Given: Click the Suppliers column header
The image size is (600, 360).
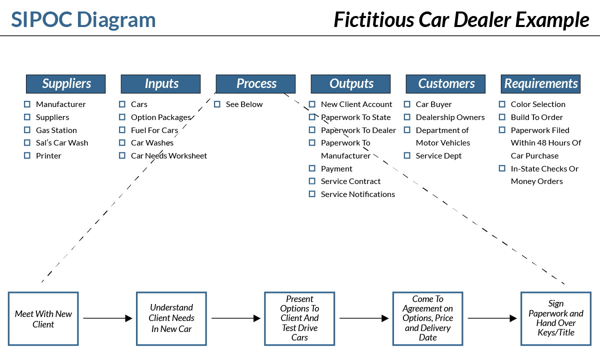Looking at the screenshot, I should (x=65, y=84).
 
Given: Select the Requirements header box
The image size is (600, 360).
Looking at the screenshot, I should (x=540, y=84).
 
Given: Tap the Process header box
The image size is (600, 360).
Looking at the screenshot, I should (x=255, y=84).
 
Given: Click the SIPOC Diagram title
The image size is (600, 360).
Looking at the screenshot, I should (x=83, y=20).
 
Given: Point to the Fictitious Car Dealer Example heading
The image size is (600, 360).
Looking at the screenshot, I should (x=461, y=20).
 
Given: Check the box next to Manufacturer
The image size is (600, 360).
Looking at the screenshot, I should (x=27, y=104).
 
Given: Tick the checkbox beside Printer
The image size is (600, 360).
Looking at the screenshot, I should (x=27, y=155).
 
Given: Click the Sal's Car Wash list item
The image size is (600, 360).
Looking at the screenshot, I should (x=61, y=142).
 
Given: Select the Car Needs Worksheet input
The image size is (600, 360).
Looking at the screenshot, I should (x=168, y=155).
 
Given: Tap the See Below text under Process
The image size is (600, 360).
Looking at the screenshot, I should (x=244, y=104).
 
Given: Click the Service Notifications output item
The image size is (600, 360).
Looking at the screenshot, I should (x=357, y=194).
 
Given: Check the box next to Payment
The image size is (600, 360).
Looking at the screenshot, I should (x=312, y=168).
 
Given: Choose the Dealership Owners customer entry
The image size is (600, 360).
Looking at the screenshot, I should (x=450, y=117).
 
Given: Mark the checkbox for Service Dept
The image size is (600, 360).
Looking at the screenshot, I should (x=407, y=155).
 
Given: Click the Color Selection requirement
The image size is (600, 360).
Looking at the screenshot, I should (x=538, y=104).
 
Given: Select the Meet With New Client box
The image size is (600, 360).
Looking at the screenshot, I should (x=43, y=318).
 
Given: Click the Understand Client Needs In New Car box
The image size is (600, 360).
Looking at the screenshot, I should (x=171, y=318).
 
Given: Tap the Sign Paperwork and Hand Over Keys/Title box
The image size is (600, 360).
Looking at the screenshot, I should (x=555, y=318).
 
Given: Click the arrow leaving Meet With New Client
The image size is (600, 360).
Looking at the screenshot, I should (x=107, y=318).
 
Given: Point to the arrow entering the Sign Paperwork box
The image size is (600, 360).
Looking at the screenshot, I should (x=492, y=318).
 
